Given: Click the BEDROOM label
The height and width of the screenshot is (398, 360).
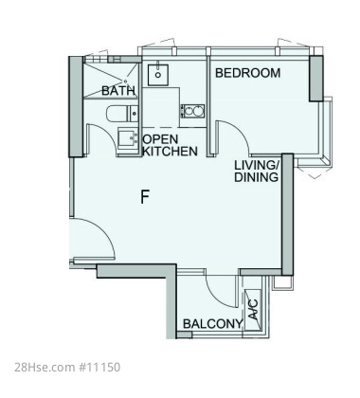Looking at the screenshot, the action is pyautogui.click(x=247, y=73).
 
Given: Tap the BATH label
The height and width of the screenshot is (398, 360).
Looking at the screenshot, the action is pyautogui.click(x=118, y=91).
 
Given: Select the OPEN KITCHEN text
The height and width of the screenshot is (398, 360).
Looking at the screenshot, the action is pyautogui.click(x=171, y=145).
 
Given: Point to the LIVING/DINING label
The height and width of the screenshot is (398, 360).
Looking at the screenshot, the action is pyautogui.click(x=256, y=172).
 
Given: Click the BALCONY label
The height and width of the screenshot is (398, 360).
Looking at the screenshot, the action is pyautogui.click(x=213, y=324).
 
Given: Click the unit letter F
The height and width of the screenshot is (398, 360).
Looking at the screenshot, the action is pyautogui.click(x=145, y=197).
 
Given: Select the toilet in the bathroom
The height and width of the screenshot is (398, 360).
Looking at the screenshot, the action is pyautogui.click(x=122, y=114).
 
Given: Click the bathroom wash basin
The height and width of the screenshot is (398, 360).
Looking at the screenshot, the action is pyautogui.click(x=128, y=137).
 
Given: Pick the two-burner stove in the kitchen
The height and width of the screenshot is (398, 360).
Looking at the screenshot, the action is pyautogui.click(x=192, y=111).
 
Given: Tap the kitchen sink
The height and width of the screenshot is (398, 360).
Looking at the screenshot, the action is pyautogui.click(x=158, y=75).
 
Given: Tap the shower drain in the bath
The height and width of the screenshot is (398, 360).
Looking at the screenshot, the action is pyautogui.click(x=125, y=81).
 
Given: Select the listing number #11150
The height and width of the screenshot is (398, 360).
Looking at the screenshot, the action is pyautogui.click(x=99, y=368).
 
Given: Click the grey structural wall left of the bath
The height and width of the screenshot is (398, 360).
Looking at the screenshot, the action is pyautogui.click(x=76, y=107).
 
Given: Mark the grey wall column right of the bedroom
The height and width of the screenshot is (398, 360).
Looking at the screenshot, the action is pyautogui.click(x=316, y=79).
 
